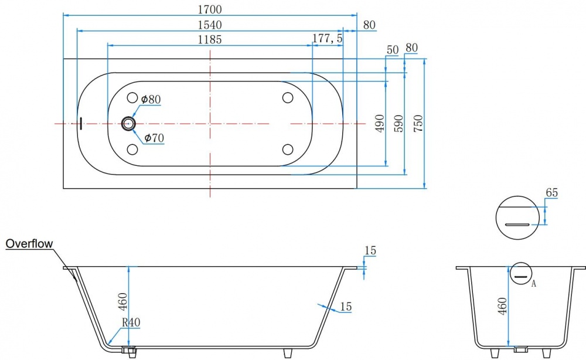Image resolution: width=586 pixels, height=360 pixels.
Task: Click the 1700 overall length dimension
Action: (210, 9)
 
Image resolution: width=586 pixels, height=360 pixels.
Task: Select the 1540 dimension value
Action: (210, 25)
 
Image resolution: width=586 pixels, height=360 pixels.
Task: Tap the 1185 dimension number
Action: (209, 39)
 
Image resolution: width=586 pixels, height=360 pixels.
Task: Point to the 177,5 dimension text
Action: (327, 39)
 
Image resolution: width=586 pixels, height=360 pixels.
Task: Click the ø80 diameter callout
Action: (151, 99)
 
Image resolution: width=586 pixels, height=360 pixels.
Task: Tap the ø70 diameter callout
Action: (154, 138)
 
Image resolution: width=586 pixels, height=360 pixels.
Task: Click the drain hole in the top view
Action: (129, 123)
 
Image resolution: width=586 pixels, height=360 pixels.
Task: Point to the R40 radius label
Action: (131, 322)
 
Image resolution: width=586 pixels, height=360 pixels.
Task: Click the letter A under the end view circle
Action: (533, 284)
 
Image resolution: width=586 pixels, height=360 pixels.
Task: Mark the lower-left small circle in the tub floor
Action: (132, 150)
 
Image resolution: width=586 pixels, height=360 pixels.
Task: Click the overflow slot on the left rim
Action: (80, 123)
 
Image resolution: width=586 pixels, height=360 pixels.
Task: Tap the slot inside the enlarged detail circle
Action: (517, 224)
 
